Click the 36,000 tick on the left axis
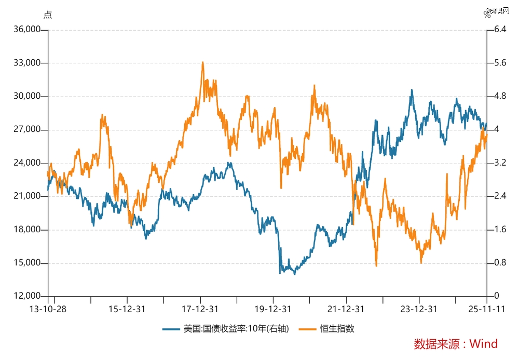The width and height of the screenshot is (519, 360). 26,30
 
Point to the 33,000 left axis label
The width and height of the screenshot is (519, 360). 26,63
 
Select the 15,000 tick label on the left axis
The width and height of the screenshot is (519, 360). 26,263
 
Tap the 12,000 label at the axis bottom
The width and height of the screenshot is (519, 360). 26,296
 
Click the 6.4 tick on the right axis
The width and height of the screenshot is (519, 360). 500,30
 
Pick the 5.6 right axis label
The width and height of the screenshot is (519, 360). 500,63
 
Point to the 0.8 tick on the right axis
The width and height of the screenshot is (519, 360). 500,263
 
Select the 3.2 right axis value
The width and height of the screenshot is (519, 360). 500,163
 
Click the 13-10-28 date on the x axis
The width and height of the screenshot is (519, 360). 48,309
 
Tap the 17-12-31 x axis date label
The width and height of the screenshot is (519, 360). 200,309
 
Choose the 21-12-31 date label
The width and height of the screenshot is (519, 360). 346,309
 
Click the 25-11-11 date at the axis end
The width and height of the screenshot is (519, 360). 486,309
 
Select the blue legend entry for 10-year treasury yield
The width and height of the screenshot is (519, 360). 226,328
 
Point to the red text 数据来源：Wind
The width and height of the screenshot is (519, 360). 455,343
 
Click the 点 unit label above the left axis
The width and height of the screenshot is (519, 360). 48,15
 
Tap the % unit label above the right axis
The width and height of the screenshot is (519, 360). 487,15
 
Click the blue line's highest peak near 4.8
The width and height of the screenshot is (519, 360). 412,90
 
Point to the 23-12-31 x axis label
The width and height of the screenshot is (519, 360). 419,309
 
